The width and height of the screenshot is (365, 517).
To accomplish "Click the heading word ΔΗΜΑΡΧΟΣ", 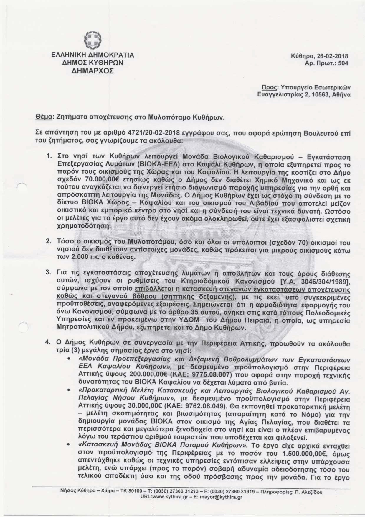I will (93, 71).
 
